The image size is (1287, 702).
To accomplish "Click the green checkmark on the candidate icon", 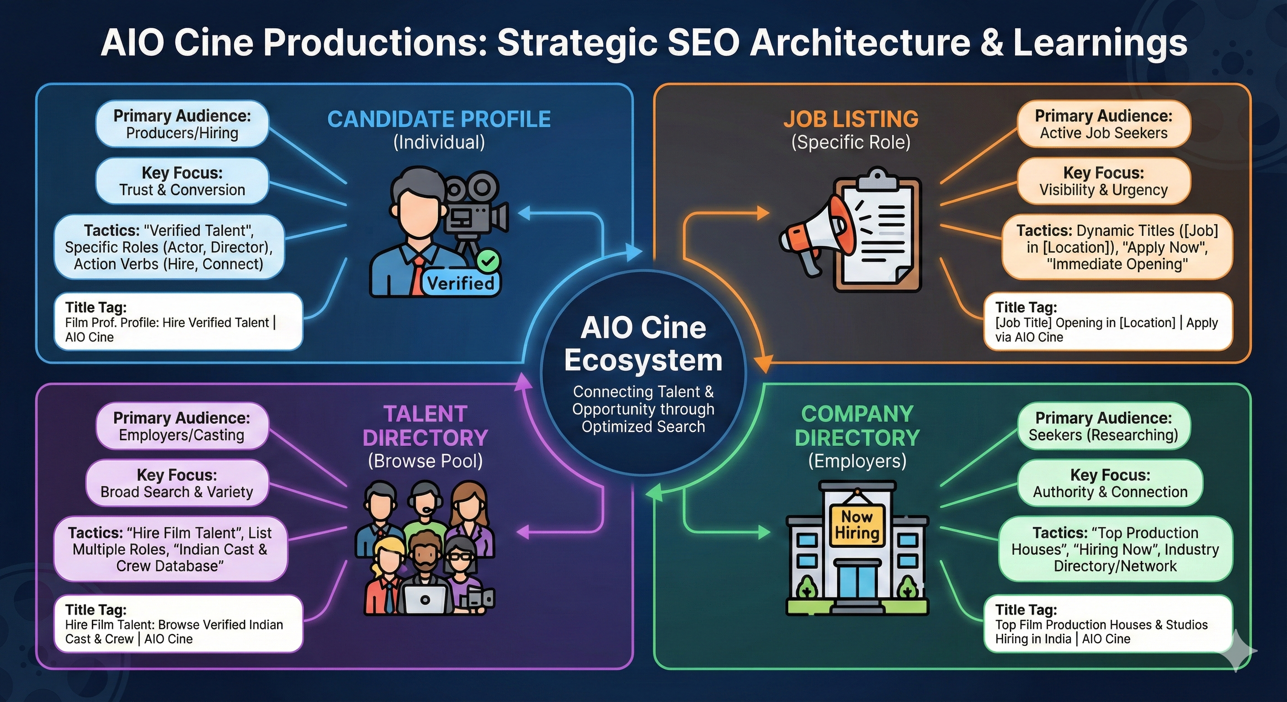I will click(x=488, y=261).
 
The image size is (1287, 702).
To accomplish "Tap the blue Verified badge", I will click(x=460, y=283).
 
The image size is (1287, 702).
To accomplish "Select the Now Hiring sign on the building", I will click(x=856, y=525).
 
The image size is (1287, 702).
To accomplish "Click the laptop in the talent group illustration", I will click(x=425, y=599).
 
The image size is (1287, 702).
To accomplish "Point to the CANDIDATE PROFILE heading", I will click(x=439, y=119).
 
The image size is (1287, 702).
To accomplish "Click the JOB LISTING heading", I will click(x=851, y=119).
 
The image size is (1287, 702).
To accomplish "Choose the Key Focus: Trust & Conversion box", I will click(x=182, y=181).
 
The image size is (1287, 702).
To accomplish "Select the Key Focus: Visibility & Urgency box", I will click(x=1104, y=181).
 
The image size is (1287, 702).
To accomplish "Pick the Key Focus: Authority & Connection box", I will click(x=1110, y=483).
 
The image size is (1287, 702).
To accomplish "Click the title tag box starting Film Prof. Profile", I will click(x=178, y=322).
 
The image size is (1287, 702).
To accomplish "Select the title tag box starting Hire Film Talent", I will click(x=178, y=623).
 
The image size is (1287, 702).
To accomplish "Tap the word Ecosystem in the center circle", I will click(x=643, y=360).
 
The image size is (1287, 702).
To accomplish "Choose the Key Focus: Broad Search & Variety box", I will click(x=177, y=483).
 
